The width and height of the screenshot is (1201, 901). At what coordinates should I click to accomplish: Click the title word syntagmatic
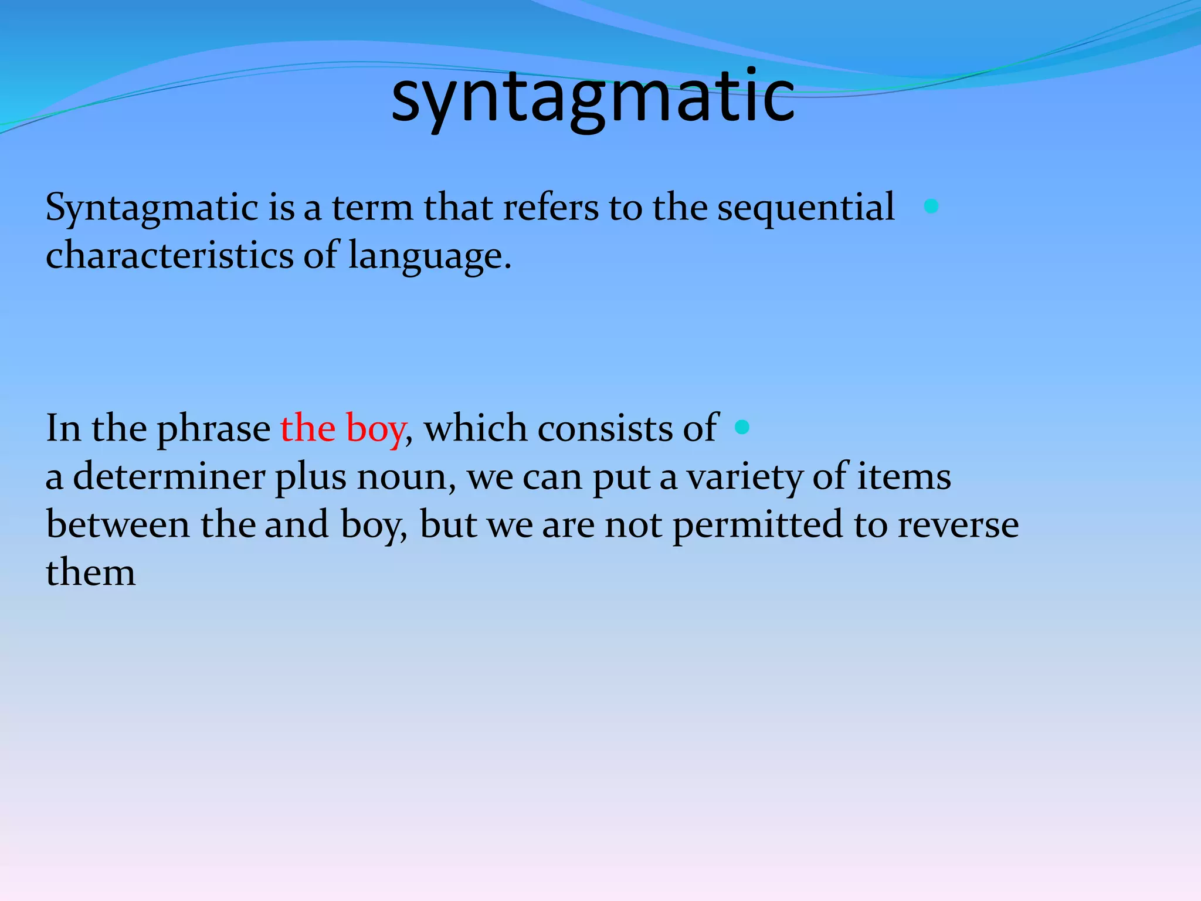tap(592, 97)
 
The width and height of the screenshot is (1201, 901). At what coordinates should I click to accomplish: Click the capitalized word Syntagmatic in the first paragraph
tap(152, 208)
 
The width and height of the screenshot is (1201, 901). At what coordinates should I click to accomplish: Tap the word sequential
tap(806, 208)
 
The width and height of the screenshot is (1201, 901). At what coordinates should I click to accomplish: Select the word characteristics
tap(169, 256)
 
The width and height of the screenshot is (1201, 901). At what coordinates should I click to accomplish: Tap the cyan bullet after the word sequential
tap(931, 206)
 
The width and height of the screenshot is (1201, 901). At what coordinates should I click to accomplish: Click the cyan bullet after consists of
tap(742, 427)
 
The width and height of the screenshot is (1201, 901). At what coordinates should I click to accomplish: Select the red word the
tap(308, 428)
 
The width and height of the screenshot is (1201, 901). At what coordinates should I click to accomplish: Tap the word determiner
tap(168, 476)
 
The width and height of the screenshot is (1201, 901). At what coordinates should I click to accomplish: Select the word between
tap(117, 524)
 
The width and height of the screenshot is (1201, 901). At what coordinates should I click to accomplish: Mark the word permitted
tap(757, 526)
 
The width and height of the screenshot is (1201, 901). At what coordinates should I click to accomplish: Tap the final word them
tap(90, 573)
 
